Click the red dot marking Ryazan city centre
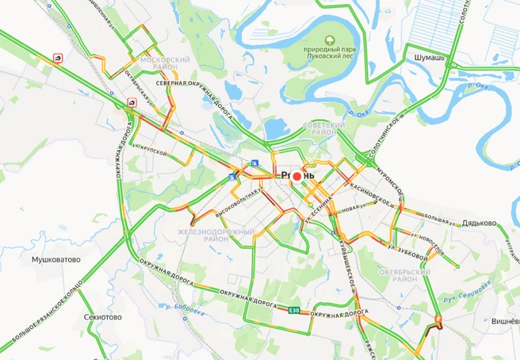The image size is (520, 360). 297,175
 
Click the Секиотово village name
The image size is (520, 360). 102,316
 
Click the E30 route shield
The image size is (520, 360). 294,310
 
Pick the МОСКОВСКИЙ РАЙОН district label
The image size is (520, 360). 164,63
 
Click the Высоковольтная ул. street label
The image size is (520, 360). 236,203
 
